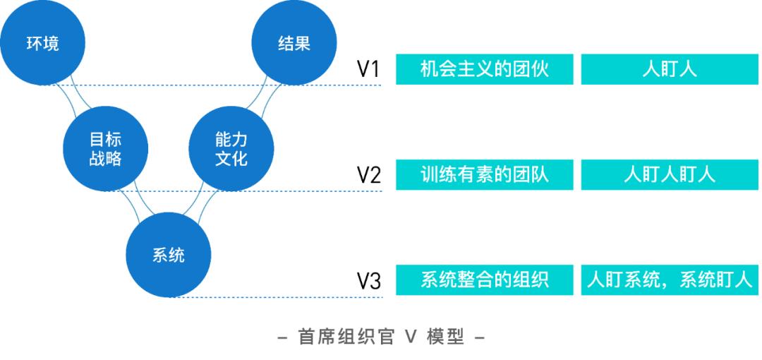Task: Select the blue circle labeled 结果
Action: [x=294, y=44]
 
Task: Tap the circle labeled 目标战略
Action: [x=105, y=149]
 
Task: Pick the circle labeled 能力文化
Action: [x=231, y=149]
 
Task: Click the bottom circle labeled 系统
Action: [x=169, y=255]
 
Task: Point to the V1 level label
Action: [x=368, y=70]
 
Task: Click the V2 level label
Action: [x=368, y=176]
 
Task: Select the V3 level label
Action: [x=368, y=282]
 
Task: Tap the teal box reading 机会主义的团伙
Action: [x=483, y=70]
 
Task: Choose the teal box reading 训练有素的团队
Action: [x=483, y=175]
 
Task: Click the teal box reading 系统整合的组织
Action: [x=483, y=281]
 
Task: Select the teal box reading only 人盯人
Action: [x=670, y=70]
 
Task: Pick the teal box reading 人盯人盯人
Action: [x=670, y=175]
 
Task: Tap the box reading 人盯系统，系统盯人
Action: [x=670, y=281]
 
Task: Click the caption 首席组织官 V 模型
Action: [x=381, y=338]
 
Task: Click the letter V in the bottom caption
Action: [x=411, y=338]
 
